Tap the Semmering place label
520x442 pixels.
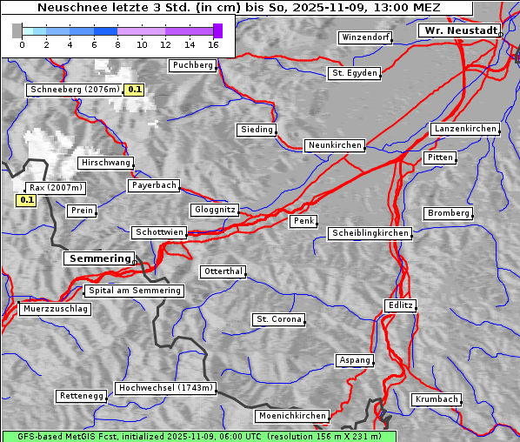click(99, 258)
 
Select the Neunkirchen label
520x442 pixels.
click(334, 145)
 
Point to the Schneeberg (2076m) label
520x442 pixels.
click(74, 90)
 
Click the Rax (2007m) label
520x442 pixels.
click(55, 188)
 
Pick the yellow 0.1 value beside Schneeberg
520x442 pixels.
click(135, 90)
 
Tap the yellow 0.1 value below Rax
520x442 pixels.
click(26, 201)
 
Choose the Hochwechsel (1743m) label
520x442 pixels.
click(165, 388)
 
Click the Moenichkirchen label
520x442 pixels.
click(293, 416)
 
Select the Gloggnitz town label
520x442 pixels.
click(213, 210)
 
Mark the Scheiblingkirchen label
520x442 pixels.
click(370, 233)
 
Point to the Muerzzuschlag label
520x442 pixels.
click(55, 309)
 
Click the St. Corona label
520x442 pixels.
click(279, 319)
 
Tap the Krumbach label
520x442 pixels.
click(435, 399)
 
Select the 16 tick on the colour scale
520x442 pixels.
click(214, 44)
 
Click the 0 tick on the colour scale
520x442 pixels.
click(21, 44)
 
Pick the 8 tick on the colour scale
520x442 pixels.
click(117, 44)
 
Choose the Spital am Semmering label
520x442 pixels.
click(134, 291)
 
